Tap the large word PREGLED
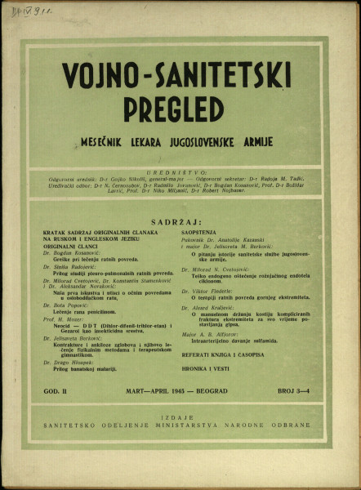click(174, 109)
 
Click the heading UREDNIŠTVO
click(180, 173)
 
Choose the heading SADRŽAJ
click(179, 221)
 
